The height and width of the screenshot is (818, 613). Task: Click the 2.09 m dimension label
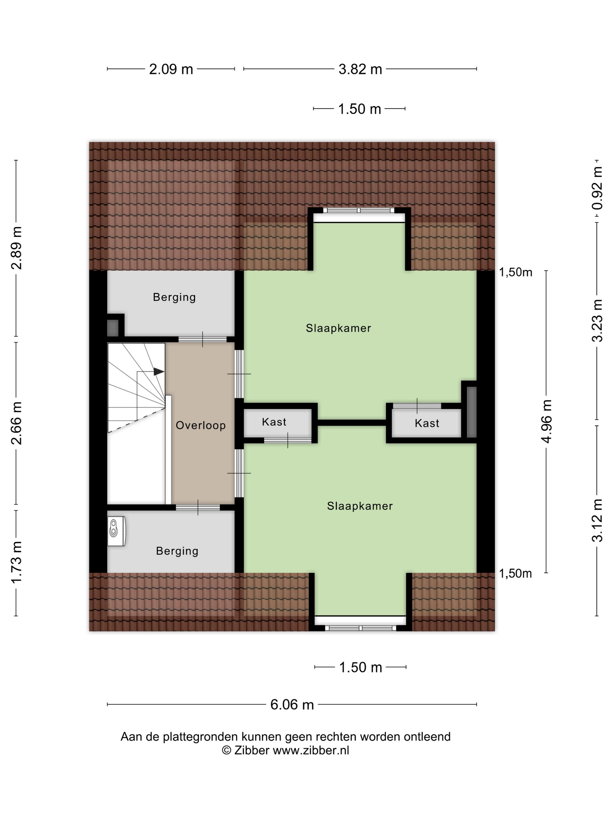click(171, 69)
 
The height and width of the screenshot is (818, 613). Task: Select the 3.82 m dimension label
click(360, 69)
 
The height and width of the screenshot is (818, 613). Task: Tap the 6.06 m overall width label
click(292, 704)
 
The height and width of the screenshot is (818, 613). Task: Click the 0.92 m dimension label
click(597, 188)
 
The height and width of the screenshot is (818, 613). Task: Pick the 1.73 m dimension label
click(17, 562)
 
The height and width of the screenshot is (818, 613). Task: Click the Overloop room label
click(200, 425)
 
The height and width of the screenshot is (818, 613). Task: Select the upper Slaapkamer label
click(338, 328)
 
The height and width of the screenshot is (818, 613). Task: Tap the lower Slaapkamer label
click(360, 506)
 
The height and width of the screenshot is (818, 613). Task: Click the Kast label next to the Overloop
click(274, 422)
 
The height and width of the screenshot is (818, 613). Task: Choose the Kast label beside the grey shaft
click(427, 423)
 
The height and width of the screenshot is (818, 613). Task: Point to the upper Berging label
click(174, 297)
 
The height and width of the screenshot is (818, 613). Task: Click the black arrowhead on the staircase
click(159, 371)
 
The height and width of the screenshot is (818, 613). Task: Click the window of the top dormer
click(359, 210)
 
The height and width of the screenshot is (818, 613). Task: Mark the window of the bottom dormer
click(360, 628)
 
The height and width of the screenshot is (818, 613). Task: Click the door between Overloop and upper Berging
click(203, 339)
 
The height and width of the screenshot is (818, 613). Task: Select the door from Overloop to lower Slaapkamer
click(239, 473)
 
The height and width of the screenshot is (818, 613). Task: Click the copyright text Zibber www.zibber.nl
click(285, 750)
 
